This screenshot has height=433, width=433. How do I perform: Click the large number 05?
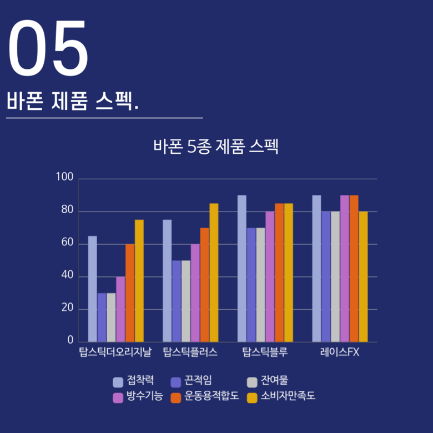(48, 49)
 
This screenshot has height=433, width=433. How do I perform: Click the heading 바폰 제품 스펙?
(73, 102)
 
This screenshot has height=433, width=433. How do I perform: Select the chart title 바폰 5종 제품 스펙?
(216, 148)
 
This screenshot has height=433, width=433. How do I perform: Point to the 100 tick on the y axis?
(64, 178)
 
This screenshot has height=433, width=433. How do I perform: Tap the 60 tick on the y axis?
(67, 243)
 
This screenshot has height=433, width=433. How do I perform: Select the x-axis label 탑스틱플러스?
(190, 353)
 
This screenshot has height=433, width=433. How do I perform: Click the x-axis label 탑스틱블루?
(264, 353)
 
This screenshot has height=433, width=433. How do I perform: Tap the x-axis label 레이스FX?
(339, 353)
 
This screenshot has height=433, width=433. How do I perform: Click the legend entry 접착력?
(133, 381)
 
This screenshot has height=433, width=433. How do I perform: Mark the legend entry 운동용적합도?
(205, 396)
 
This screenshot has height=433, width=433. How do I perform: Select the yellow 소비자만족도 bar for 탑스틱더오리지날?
(139, 280)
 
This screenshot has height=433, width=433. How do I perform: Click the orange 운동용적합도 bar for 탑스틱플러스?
(205, 284)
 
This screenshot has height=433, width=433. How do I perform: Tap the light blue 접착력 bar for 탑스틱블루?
(242, 268)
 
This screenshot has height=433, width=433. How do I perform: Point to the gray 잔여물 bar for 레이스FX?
(335, 276)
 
